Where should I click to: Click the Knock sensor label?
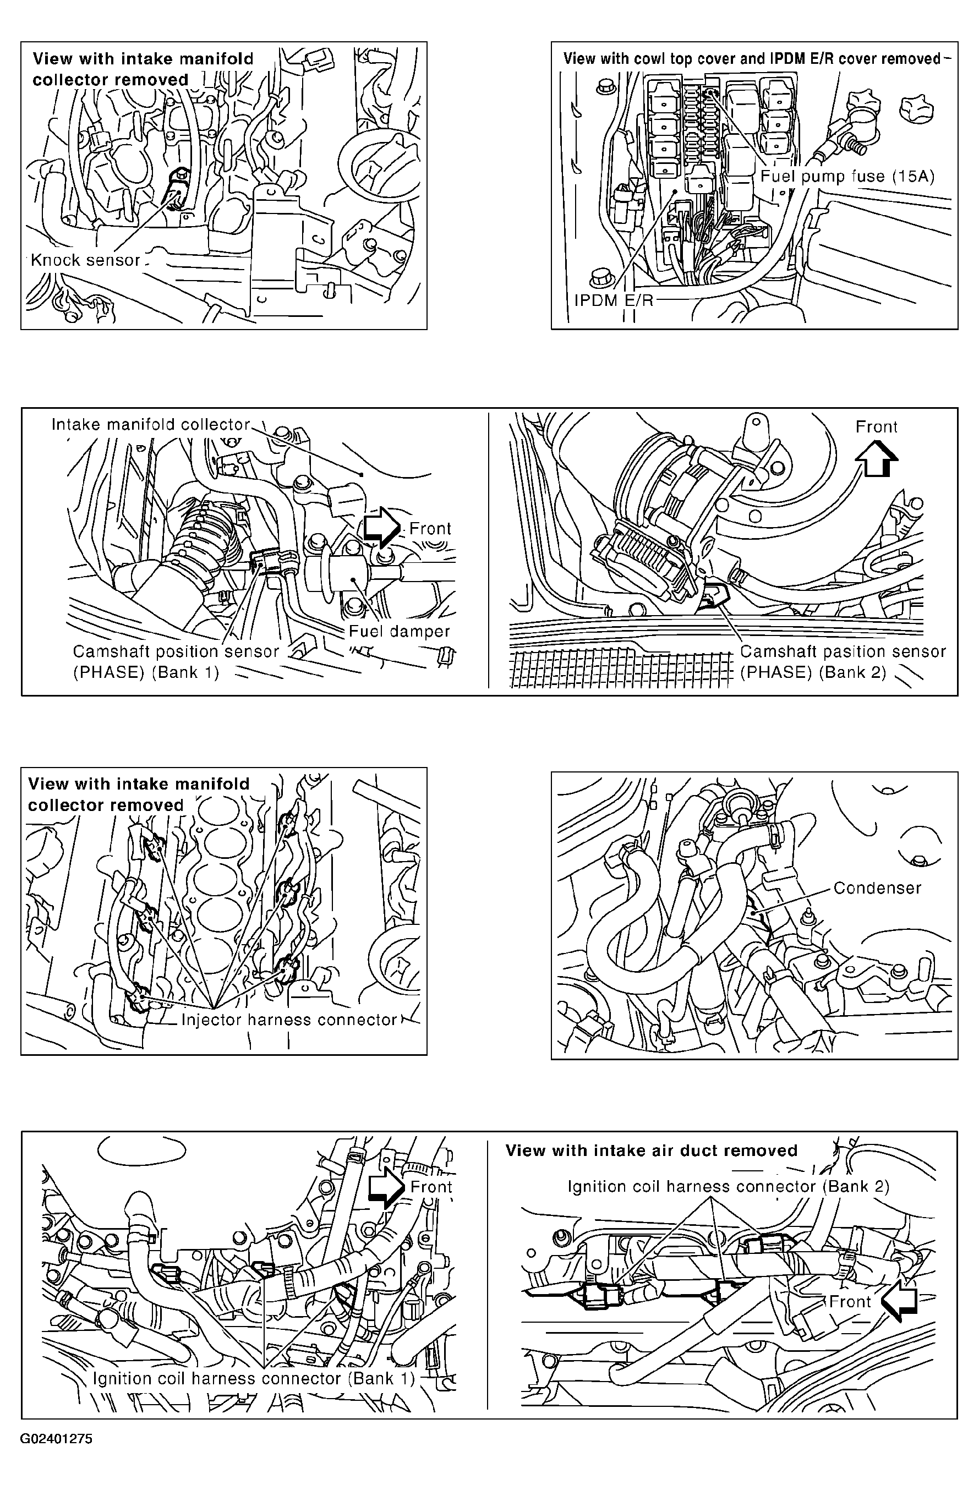click(85, 260)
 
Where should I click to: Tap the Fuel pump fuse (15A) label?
click(847, 177)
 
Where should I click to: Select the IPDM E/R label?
click(614, 300)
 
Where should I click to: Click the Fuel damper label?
click(400, 631)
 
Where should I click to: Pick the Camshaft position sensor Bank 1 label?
click(176, 662)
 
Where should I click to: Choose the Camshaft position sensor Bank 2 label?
click(843, 662)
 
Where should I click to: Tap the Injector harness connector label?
click(289, 1020)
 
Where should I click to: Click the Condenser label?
click(877, 887)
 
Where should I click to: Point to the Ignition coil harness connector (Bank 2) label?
click(728, 1187)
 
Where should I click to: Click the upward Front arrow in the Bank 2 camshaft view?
click(877, 458)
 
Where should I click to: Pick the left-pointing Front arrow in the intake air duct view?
click(899, 1301)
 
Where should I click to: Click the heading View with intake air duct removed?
click(652, 1150)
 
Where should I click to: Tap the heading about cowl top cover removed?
click(752, 59)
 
